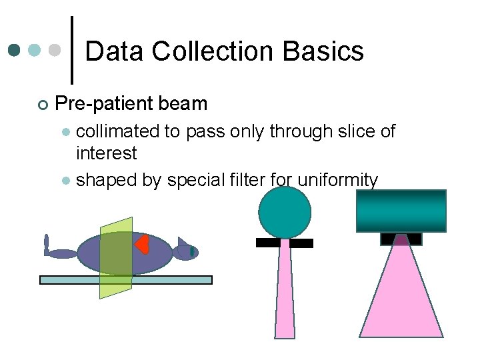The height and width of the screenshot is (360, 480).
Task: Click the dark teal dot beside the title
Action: tap(15, 50)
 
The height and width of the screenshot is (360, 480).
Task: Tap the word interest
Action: tap(107, 153)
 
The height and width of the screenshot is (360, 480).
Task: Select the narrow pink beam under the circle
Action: tap(285, 293)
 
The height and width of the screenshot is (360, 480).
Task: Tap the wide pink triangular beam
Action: tap(401, 300)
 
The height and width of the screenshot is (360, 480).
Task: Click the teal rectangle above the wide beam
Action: tap(401, 211)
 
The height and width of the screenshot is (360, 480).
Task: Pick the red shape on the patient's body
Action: tap(141, 245)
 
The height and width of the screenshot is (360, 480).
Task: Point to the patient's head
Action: tap(185, 251)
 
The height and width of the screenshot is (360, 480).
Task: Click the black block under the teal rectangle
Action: tap(401, 238)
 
